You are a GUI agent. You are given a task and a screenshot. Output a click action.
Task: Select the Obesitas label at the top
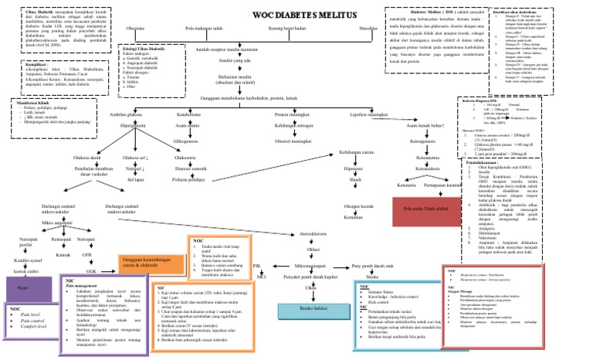pos(135,29)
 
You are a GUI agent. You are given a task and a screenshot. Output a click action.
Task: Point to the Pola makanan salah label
pos(204,29)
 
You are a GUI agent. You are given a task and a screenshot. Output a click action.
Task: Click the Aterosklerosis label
pos(314,233)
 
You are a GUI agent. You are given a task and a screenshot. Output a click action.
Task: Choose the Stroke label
pos(371,276)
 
